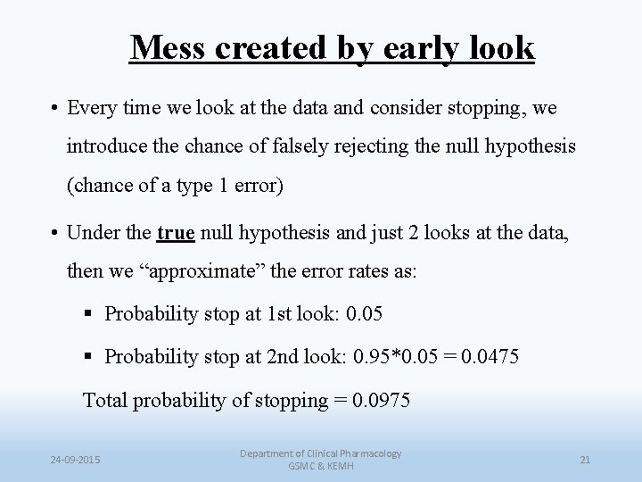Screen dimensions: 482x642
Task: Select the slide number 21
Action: pos(585,460)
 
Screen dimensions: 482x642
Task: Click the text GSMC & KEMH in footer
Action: pos(320,467)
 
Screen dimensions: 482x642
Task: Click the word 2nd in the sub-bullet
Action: pos(284,356)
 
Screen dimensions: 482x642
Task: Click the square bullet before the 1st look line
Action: pos(87,313)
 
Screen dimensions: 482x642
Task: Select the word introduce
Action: pos(104,146)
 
